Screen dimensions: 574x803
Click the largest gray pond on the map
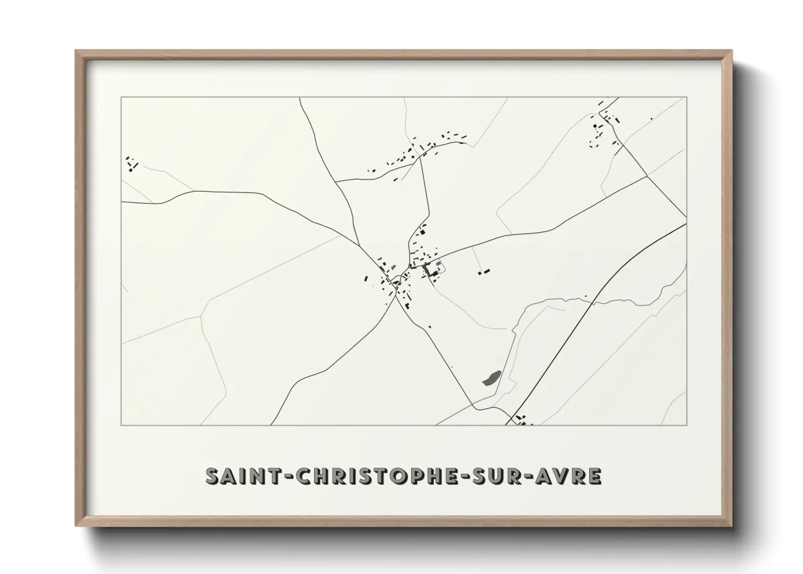[491, 378]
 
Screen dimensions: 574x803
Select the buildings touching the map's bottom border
[522, 420]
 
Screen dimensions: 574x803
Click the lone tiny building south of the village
[430, 327]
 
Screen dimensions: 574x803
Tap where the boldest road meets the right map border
[686, 224]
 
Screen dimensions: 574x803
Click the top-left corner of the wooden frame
[77, 52]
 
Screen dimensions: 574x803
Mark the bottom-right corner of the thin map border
[686, 425]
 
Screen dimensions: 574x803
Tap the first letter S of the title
[213, 476]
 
